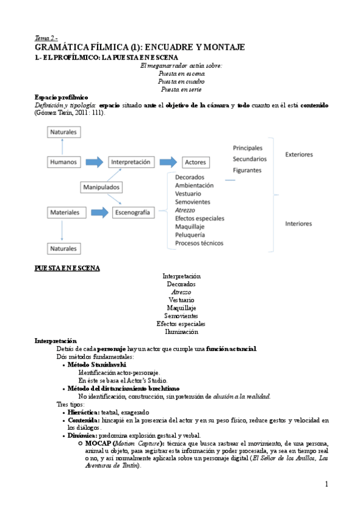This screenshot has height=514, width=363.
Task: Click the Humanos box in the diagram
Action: coord(64,162)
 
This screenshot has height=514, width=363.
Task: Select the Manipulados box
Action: coord(101,187)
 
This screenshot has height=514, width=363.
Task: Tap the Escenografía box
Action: coord(133,213)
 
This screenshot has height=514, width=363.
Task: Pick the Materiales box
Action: coord(64,213)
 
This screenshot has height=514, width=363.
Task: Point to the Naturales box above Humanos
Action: coord(64,132)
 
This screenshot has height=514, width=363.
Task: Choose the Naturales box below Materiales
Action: coord(64,248)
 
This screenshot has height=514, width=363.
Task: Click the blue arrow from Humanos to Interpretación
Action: coord(95,162)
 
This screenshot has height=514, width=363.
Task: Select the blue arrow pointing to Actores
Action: coord(172,162)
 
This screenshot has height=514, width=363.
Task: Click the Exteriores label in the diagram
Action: coord(299,155)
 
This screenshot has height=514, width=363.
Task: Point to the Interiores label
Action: coord(298,224)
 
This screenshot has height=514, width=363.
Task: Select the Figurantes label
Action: coord(247,170)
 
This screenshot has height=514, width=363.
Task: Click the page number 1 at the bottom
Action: coord(326,484)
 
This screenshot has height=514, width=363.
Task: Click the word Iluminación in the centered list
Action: coord(181,332)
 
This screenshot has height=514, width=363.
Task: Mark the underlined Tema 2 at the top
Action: coord(46,38)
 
